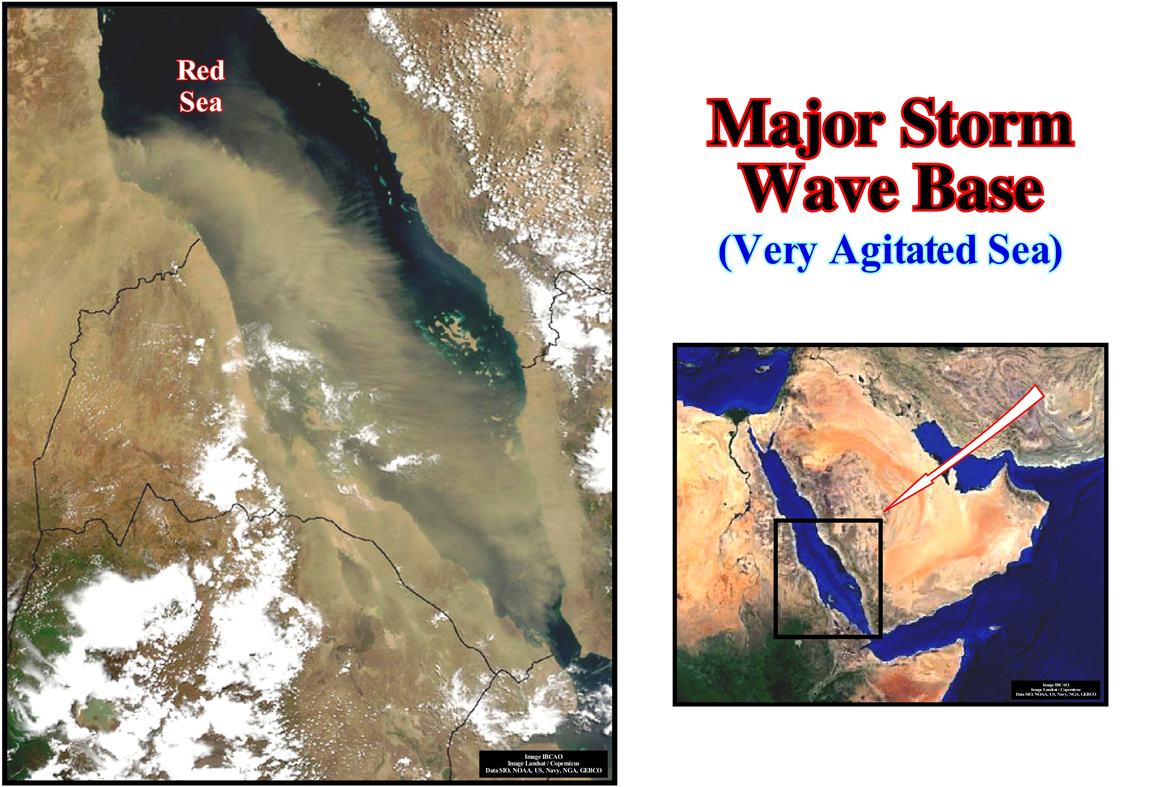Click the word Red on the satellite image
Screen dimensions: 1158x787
click(x=201, y=70)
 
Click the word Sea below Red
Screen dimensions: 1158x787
click(x=201, y=102)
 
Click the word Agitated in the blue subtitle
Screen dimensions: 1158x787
click(x=902, y=252)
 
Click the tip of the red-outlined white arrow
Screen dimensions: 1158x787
click(x=884, y=511)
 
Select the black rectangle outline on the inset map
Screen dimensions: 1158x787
click(x=775, y=578)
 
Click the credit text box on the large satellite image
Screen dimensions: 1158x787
click(x=543, y=763)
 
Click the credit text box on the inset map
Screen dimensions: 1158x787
click(x=1055, y=690)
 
